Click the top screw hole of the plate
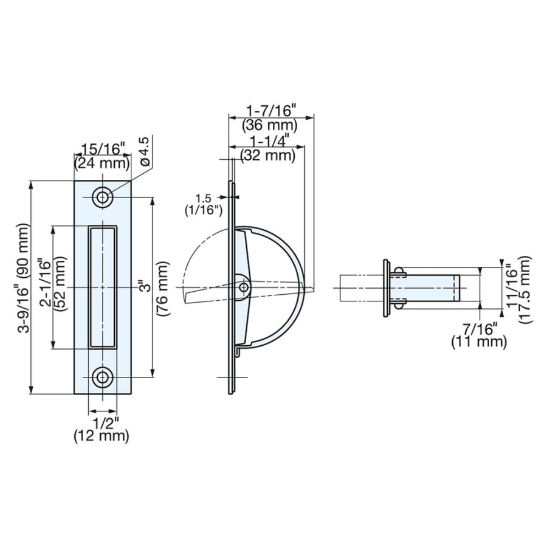[103, 198]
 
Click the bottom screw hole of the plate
[103, 377]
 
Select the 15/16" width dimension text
[103, 150]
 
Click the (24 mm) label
[102, 163]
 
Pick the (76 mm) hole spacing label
[163, 289]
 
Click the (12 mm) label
[101, 436]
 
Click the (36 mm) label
[270, 125]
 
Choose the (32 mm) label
[268, 155]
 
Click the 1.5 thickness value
[204, 199]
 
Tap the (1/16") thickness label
[204, 210]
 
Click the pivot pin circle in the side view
[244, 287]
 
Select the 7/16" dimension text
[480, 329]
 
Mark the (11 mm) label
[479, 342]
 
